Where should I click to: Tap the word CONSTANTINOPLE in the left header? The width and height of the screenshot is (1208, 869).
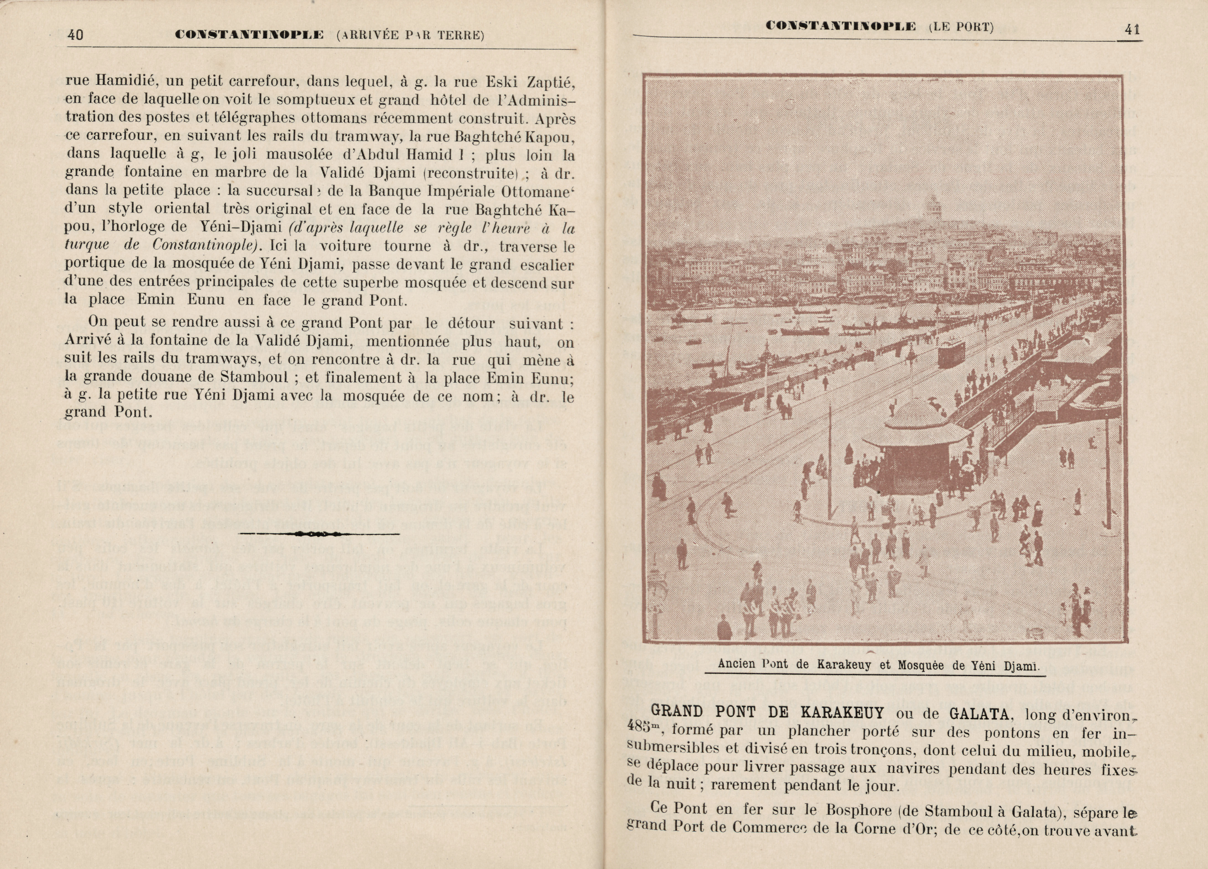tap(249, 35)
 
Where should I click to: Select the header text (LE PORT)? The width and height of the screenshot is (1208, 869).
tap(961, 27)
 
